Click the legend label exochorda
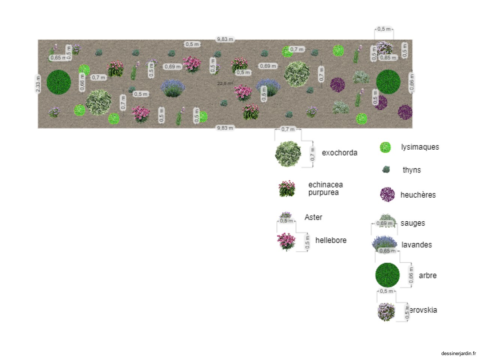(339, 153)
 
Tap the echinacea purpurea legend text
(325, 189)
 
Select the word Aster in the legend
(313, 217)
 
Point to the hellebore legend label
(331, 240)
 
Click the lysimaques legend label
(420, 147)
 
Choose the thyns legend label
(412, 170)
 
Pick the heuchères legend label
(418, 195)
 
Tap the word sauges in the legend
(412, 223)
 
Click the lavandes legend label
(417, 245)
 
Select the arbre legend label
(427, 276)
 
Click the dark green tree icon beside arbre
(387, 275)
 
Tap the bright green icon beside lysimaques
(385, 147)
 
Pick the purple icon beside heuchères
(387, 195)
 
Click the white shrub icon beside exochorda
(288, 154)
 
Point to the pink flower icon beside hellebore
(286, 241)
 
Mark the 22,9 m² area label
(225, 84)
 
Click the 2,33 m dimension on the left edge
(38, 84)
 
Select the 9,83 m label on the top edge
(225, 39)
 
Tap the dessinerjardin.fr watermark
(458, 353)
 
